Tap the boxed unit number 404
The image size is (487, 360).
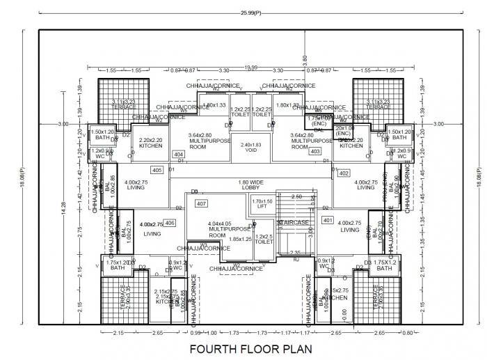(179, 154)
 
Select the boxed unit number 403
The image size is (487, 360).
(314, 151)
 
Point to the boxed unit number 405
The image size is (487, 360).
(157, 170)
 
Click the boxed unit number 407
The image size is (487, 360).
(202, 204)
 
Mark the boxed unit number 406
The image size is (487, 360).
(170, 223)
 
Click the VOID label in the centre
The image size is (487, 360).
(251, 148)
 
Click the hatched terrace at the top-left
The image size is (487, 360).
(124, 102)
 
